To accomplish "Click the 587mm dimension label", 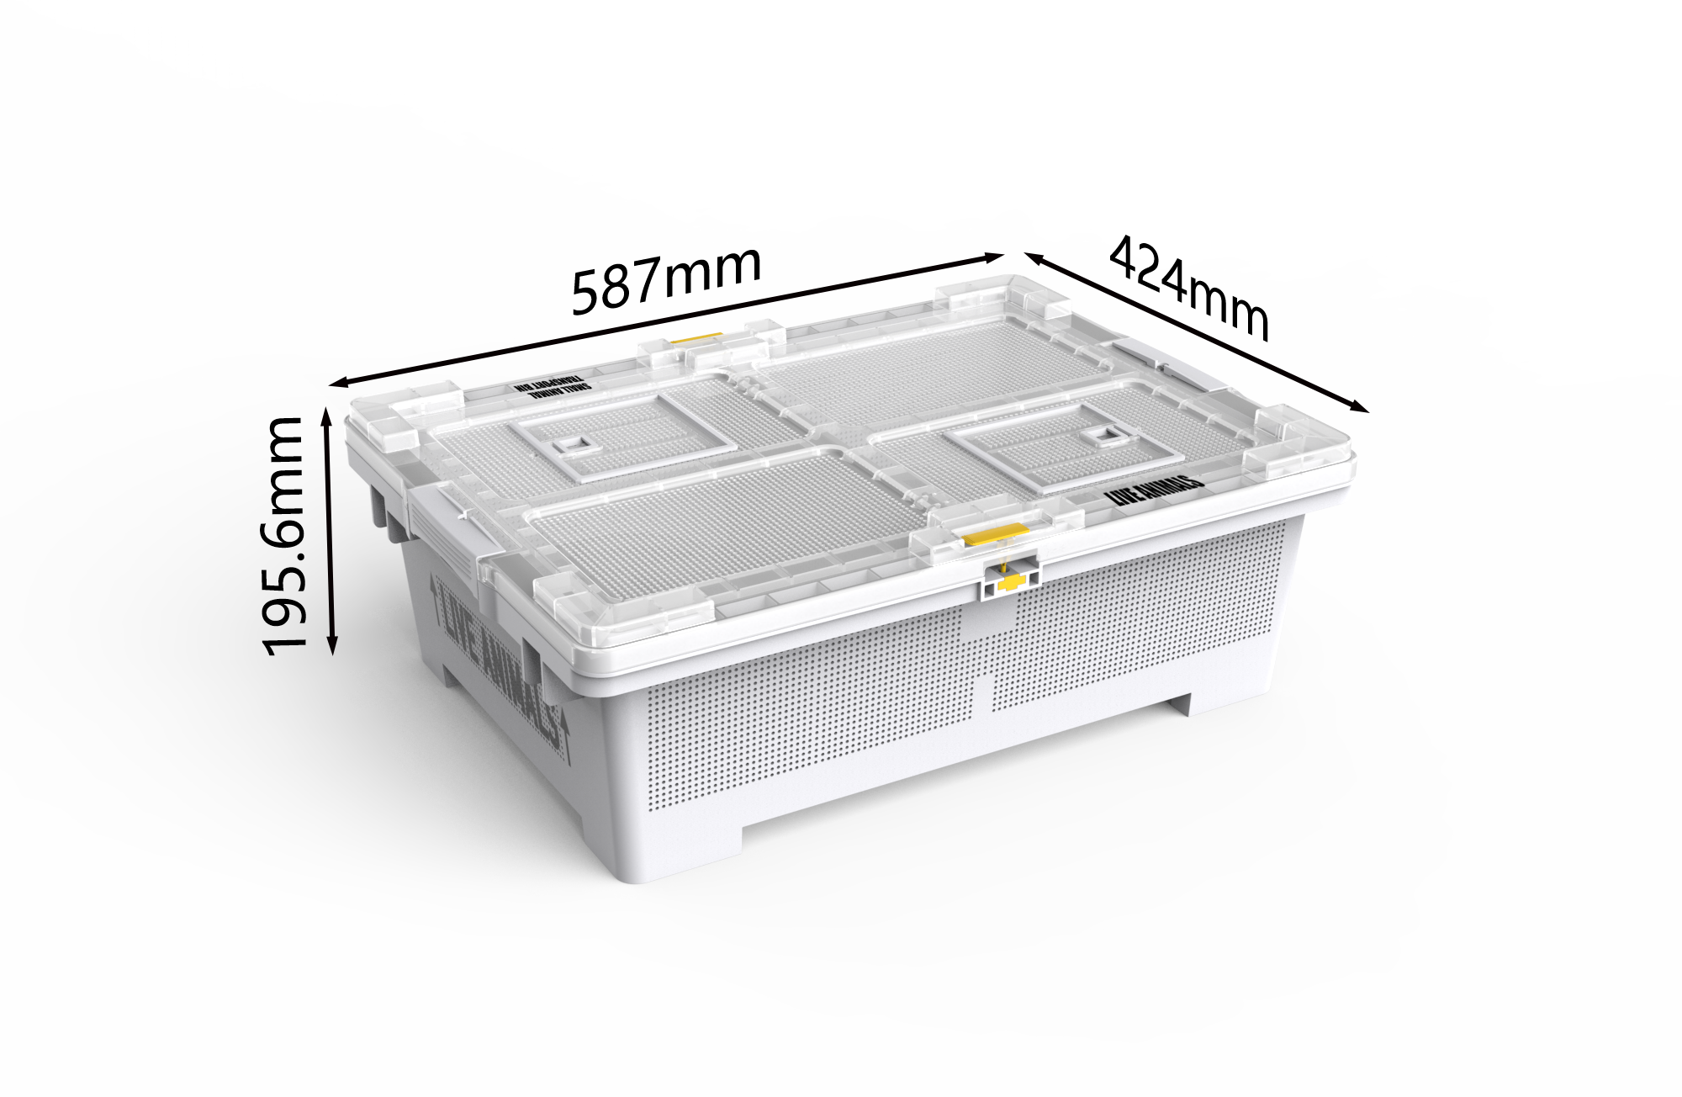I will coord(666,278).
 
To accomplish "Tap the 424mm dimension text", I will coord(1188,288).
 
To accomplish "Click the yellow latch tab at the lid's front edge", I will coord(996,535).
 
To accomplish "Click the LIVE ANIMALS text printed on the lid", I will coord(1156,490).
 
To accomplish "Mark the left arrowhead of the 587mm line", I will coord(335,384).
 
